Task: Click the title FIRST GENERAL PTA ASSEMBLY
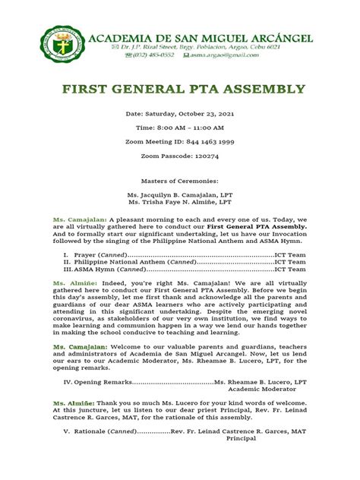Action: pos(180,89)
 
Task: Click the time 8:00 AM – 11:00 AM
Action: pos(180,129)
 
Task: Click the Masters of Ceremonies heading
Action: pos(180,182)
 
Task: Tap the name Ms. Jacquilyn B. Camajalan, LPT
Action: pos(180,195)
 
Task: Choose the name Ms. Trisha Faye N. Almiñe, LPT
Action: pos(180,204)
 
